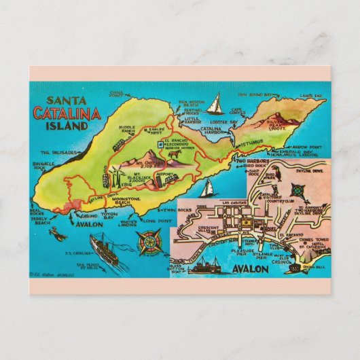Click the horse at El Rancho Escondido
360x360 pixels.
click(x=176, y=156)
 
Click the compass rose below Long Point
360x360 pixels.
click(x=150, y=242)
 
